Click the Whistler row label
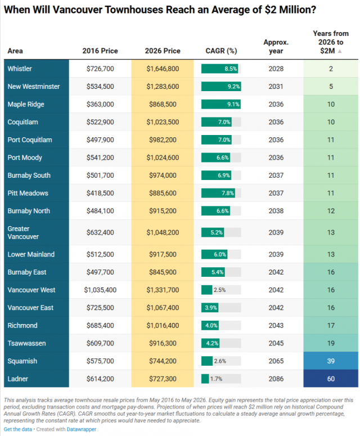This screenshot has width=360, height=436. [20, 69]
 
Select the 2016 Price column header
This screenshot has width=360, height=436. [100, 51]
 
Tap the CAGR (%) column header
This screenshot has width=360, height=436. [221, 51]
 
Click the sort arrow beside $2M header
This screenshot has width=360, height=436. [339, 51]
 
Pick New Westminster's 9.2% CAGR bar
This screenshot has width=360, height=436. [221, 87]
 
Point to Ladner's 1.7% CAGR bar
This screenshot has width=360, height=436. [205, 379]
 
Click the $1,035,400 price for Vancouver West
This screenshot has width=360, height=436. [100, 290]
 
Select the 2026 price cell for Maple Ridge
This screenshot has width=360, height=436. [163, 104]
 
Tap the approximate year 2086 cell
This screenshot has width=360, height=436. [276, 379]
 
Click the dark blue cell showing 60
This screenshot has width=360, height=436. [331, 379]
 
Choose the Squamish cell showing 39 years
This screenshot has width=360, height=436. [331, 361]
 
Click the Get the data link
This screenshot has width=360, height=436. [18, 429]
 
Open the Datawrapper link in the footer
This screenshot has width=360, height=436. [82, 429]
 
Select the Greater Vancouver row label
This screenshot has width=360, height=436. [23, 232]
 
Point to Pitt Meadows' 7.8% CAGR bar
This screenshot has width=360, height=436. [218, 194]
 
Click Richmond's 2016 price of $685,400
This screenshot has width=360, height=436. [100, 326]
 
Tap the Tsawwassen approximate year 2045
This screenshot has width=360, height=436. [276, 343]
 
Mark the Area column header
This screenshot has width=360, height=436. [15, 51]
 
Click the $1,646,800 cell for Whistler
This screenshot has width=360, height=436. [163, 69]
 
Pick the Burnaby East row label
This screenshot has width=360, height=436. [27, 272]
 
